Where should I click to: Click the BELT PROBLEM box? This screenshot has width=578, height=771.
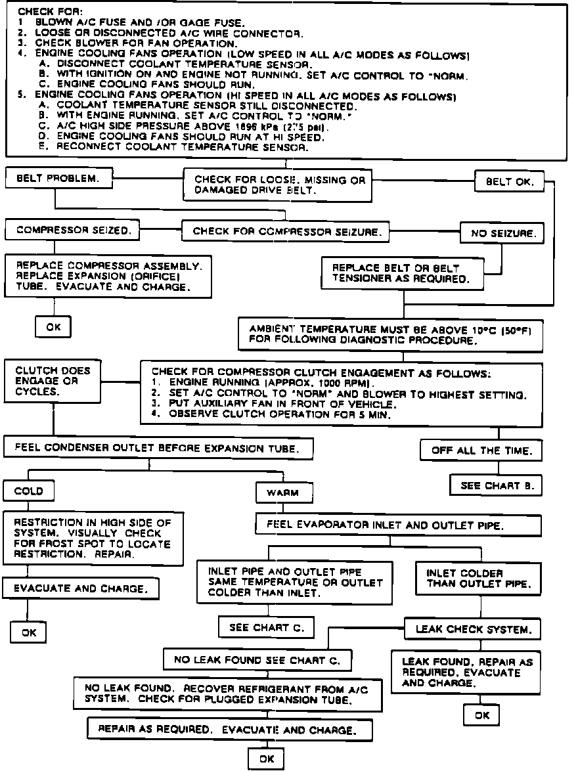[x=58, y=179]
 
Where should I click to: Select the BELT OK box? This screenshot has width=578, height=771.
[x=510, y=182]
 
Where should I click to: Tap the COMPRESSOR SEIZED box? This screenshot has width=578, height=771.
[x=72, y=231]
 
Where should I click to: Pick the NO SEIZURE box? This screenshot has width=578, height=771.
[x=502, y=232]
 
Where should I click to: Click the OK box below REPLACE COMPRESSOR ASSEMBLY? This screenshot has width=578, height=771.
[x=53, y=326]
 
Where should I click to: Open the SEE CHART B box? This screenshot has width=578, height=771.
[x=496, y=486]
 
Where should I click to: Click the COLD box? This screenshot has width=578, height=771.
[x=28, y=491]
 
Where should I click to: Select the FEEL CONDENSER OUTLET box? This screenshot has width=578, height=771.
[x=158, y=449]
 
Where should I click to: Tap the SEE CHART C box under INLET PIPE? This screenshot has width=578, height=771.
[x=266, y=628]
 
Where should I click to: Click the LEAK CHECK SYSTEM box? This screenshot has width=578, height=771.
[x=472, y=629]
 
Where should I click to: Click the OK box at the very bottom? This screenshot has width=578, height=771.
[x=266, y=759]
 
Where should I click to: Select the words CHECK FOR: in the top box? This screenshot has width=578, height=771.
[x=41, y=12]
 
